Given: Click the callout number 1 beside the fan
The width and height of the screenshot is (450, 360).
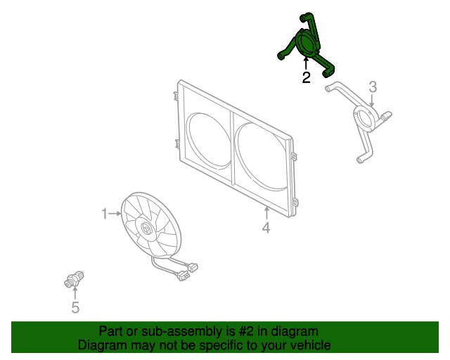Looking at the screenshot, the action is (x=105, y=214).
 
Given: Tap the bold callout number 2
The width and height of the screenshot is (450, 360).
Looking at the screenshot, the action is (x=307, y=77).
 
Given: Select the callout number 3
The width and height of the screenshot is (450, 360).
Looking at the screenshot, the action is (x=373, y=86).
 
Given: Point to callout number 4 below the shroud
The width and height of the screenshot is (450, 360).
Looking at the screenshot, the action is (x=266, y=228).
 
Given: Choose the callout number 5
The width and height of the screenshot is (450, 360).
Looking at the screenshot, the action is (x=75, y=307).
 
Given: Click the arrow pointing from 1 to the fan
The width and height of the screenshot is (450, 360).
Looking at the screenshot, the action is (x=115, y=214).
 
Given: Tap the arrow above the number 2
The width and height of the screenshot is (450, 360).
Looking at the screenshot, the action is (x=306, y=63).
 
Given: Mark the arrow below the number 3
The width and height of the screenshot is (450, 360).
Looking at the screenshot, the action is (x=372, y=101).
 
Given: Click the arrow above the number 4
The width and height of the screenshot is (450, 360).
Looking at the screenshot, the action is (x=266, y=213).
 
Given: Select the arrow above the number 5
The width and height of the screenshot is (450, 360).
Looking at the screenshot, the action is (x=75, y=293).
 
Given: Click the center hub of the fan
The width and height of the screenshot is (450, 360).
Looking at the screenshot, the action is (x=146, y=229).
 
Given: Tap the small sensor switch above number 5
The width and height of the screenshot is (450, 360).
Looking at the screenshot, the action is (x=74, y=280).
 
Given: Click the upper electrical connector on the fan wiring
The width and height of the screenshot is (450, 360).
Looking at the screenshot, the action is (x=193, y=267).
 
